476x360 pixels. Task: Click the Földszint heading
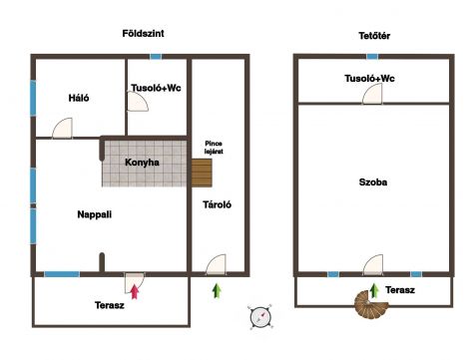[143, 34]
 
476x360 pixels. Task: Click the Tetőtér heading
[374, 36]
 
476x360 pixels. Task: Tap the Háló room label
[79, 98]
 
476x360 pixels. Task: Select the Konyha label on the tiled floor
[142, 163]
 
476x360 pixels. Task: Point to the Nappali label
[95, 214]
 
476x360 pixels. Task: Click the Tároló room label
[217, 204]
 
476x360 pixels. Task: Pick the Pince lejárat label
[214, 148]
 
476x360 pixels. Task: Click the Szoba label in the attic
[373, 182]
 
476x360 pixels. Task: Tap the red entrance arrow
[135, 291]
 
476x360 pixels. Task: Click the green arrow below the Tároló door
[217, 290]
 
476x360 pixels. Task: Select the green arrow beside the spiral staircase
[374, 290]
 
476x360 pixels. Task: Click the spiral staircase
[369, 304]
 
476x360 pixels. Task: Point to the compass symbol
[260, 317]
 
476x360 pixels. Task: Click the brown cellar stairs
[202, 173]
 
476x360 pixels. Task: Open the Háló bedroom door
[62, 128]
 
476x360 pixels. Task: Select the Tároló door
[216, 264]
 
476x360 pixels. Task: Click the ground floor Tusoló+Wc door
[138, 102]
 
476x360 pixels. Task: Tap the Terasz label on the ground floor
[110, 305]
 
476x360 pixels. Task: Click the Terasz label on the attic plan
[400, 290]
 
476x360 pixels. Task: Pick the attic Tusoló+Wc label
[369, 79]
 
